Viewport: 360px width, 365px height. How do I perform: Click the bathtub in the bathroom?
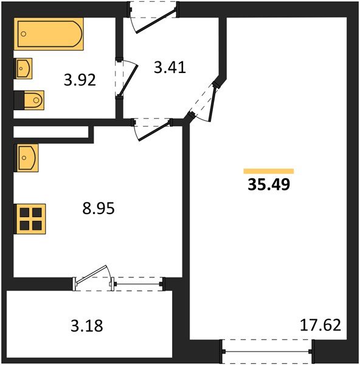tap(48, 35)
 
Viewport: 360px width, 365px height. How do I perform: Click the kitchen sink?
tap(27, 158)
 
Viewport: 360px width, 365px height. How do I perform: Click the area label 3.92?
tap(80, 80)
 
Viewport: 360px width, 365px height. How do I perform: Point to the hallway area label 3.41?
tap(170, 67)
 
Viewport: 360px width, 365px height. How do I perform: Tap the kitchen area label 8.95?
tap(98, 209)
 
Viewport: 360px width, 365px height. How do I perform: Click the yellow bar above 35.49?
tap(268, 172)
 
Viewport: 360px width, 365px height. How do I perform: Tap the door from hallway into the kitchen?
tap(154, 128)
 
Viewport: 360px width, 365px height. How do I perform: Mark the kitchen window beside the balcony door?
tap(139, 282)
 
